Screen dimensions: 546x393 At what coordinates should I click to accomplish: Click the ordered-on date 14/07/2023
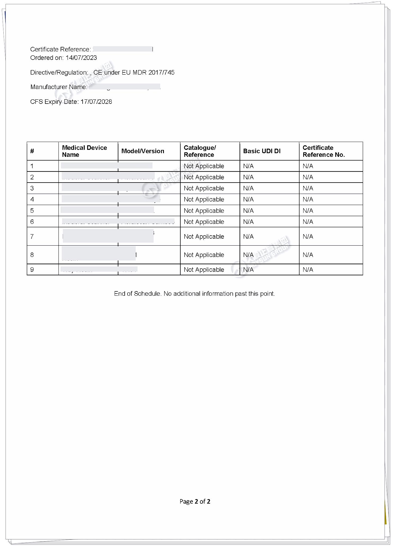(81, 58)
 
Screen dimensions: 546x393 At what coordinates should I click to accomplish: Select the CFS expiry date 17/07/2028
(96, 102)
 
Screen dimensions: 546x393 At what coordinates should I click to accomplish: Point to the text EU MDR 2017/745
(148, 73)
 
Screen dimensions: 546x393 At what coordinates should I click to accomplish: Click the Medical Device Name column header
(84, 151)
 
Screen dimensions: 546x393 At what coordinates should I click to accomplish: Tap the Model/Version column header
(143, 151)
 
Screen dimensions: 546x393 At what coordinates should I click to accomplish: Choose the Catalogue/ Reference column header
(200, 151)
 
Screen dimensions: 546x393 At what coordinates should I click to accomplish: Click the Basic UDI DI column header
(262, 151)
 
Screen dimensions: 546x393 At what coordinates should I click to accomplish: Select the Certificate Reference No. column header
(323, 151)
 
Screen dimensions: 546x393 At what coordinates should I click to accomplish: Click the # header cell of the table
(32, 151)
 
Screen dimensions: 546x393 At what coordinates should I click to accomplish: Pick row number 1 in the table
(32, 166)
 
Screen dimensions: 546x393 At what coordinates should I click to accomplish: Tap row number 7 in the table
(32, 236)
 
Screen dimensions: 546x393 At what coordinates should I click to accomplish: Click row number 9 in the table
(32, 269)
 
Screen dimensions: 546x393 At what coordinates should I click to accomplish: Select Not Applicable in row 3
(204, 188)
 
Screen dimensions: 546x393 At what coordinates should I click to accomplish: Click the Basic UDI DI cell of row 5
(248, 211)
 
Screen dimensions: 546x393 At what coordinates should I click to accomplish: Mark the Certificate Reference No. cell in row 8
(308, 255)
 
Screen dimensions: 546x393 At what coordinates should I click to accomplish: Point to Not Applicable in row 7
(204, 237)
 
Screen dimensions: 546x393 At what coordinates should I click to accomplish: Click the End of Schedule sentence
(194, 294)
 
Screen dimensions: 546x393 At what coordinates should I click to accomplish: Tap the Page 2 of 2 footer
(195, 501)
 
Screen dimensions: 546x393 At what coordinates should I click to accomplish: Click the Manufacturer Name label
(59, 87)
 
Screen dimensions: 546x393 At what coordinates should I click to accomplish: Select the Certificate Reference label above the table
(60, 49)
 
